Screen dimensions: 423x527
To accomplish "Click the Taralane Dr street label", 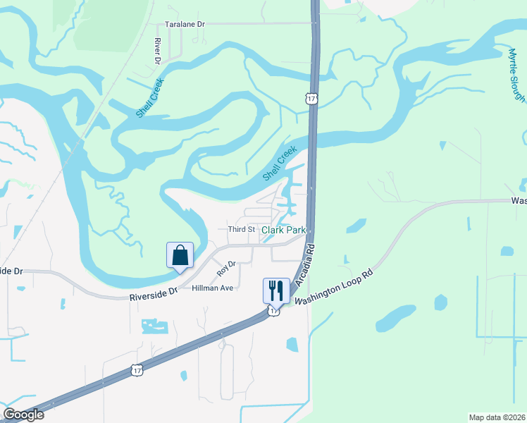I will point(185,24).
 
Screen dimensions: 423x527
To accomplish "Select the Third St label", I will point(241,230).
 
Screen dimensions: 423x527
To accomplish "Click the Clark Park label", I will point(284,231).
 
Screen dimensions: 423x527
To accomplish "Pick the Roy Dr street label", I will point(225,269).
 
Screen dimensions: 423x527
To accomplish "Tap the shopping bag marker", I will point(180,255).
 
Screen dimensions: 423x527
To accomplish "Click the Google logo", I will point(23,415).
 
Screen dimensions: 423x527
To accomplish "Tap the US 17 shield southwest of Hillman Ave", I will point(137,369).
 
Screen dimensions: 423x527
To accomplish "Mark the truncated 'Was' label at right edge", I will point(519,201).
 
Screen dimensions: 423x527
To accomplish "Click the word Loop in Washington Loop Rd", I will point(343,281).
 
